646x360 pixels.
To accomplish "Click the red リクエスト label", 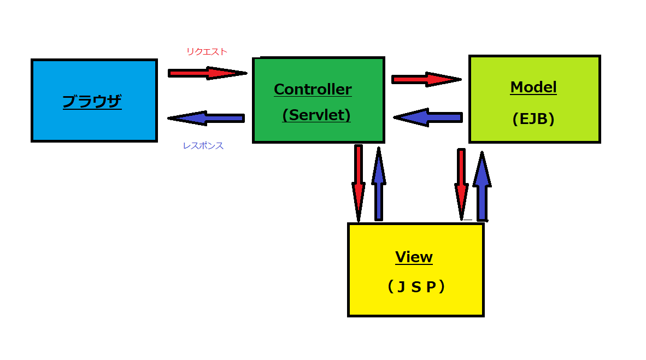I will (x=207, y=51).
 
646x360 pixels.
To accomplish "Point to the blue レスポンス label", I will (x=203, y=146).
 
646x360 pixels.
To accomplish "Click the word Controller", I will (x=313, y=89).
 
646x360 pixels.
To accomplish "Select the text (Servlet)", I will (x=316, y=115).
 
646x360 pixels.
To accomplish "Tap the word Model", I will (x=533, y=87).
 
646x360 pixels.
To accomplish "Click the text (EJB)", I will (x=533, y=119).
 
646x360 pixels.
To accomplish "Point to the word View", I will (x=414, y=257).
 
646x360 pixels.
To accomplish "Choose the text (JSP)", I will (x=415, y=287).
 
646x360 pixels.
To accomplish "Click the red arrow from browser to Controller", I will (x=207, y=73).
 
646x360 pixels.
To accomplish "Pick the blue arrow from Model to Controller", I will (x=427, y=117).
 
